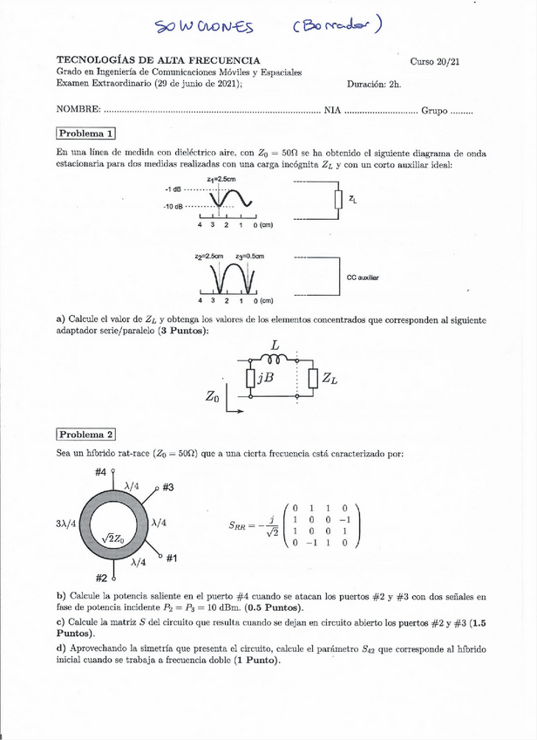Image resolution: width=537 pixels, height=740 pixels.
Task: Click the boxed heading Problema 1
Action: tap(85, 134)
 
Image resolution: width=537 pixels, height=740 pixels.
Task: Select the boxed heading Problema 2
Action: tap(85, 434)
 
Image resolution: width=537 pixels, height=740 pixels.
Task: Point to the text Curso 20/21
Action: tap(435, 61)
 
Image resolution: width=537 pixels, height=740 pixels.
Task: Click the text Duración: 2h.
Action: tap(373, 85)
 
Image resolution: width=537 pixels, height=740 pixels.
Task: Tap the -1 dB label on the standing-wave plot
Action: tap(173, 188)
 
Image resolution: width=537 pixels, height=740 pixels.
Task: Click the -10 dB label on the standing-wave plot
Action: tap(173, 207)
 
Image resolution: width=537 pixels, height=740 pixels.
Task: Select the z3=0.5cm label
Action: tap(249, 256)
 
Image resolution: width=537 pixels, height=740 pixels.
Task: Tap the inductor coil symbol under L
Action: tap(275, 358)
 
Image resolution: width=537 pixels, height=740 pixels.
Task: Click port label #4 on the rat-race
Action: tap(100, 472)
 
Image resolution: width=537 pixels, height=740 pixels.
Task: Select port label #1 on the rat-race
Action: tap(172, 558)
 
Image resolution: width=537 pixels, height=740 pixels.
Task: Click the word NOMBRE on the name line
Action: tap(77, 111)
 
